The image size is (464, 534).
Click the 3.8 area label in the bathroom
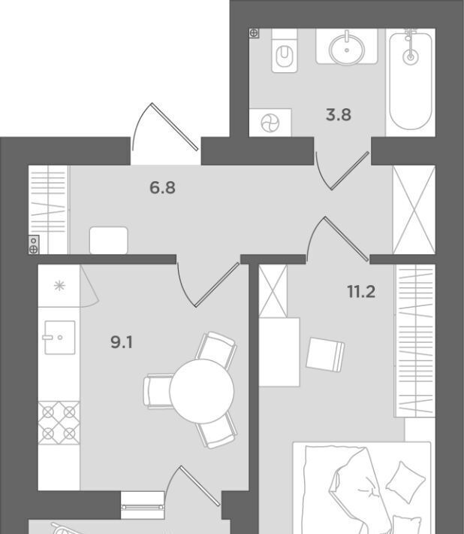(338, 115)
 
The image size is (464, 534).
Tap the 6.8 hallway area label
(162, 187)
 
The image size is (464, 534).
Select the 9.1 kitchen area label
(122, 342)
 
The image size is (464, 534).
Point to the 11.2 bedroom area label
(361, 292)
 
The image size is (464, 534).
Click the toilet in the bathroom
(285, 50)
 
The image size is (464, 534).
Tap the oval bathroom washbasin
(347, 48)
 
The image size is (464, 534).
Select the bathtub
(411, 81)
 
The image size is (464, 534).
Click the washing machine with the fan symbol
(270, 123)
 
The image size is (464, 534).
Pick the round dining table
(201, 391)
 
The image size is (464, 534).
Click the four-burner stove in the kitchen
(59, 423)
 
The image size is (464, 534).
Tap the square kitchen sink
(60, 337)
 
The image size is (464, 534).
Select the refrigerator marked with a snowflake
(59, 285)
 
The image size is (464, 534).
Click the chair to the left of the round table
(158, 391)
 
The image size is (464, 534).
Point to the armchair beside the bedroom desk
(325, 354)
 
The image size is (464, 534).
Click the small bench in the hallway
(109, 241)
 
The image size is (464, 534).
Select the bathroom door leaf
(350, 171)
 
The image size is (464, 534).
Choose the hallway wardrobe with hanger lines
(48, 209)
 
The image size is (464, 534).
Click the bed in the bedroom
(362, 487)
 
